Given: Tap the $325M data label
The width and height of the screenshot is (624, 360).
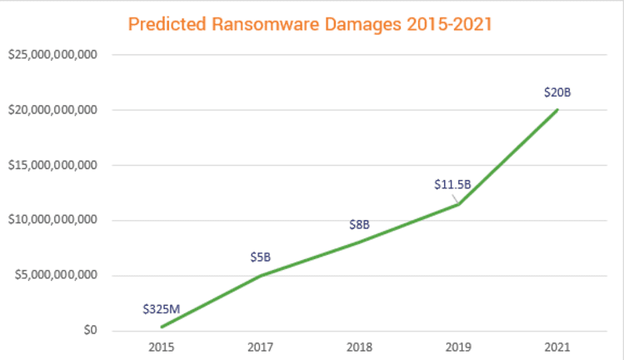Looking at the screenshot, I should click(161, 308).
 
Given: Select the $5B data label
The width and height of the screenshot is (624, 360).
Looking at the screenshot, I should click(261, 257).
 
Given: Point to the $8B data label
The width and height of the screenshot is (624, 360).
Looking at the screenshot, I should click(359, 224).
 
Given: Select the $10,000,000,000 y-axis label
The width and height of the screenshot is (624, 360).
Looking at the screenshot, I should click(52, 220).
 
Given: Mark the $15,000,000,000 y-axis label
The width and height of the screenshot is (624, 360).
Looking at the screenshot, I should click(52, 165).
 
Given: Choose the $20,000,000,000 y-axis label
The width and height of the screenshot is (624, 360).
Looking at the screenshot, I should click(52, 110).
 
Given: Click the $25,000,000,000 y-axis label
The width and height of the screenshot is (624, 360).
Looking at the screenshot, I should click(52, 55).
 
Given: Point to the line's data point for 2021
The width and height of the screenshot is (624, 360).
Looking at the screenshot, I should click(557, 110).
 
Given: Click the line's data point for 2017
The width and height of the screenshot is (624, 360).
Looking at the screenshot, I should click(260, 276).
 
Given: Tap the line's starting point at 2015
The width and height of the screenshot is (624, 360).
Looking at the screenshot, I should click(161, 327).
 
